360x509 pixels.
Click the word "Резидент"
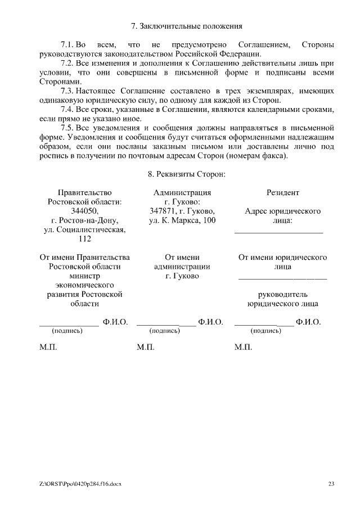(282, 192)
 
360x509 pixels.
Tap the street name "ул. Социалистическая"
(85, 229)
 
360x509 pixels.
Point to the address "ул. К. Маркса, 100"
(182, 220)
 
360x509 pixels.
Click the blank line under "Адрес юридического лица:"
(278, 231)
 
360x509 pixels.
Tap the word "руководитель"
(282, 295)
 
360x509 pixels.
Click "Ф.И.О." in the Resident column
(308, 322)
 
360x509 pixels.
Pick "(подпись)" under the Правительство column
(67, 331)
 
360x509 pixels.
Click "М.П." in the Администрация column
(145, 348)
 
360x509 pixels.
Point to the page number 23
(331, 484)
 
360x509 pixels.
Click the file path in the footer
(80, 484)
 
